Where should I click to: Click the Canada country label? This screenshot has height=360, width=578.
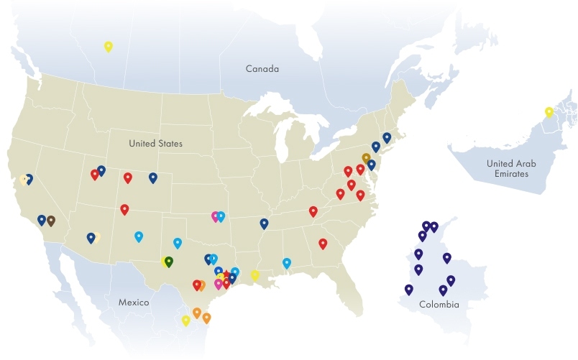262,69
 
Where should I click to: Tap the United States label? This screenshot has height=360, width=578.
155,144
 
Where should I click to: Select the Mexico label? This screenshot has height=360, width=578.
133,303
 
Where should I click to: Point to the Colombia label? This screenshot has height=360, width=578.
439,305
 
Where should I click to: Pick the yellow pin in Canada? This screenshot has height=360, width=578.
109,47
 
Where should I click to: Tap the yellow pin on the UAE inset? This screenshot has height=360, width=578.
549,112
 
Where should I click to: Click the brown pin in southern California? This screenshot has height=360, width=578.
51,221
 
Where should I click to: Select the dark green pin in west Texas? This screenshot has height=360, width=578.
168,261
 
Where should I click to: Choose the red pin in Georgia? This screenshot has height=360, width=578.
323,244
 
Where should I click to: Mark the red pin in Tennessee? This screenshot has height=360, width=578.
313,211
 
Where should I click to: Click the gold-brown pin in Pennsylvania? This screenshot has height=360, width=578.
366,158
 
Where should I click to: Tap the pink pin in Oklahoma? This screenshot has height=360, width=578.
215,216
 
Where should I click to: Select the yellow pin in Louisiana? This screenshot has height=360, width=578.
254,274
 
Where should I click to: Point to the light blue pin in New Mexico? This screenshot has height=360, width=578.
139,236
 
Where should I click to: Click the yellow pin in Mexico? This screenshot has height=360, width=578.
186,320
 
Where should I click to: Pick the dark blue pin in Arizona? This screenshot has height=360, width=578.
91,238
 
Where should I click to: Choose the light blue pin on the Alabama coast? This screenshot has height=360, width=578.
287,263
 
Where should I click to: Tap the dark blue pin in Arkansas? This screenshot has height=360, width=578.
264,223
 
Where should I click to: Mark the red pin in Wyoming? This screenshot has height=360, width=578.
128,177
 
